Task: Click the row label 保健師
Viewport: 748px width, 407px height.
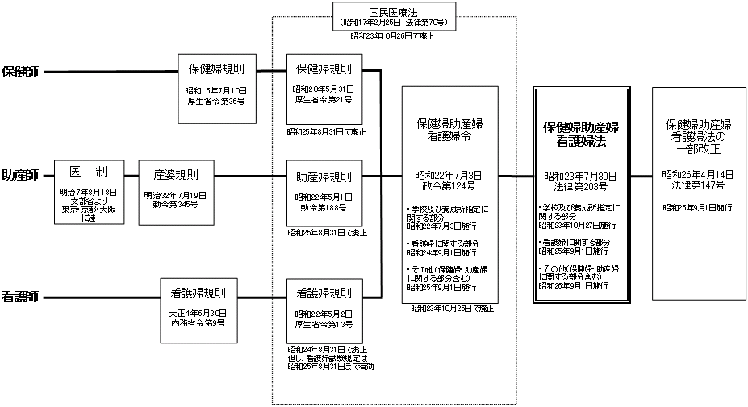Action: [x=22, y=72]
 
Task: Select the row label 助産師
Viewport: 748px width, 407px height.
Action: [x=22, y=175]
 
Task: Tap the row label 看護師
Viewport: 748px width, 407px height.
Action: [x=22, y=296]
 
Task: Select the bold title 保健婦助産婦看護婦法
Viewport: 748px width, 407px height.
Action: [x=581, y=134]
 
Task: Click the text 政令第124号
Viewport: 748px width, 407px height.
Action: [x=449, y=183]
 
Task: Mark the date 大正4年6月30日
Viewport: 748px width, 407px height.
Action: [x=198, y=314]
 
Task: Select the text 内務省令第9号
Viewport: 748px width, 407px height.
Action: [x=198, y=322]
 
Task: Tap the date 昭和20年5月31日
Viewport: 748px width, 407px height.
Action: [x=323, y=89]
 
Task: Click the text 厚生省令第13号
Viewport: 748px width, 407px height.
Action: [x=323, y=323]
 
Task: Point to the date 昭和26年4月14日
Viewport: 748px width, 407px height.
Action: [x=698, y=174]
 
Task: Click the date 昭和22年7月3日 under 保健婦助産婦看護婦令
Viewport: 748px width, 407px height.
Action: [x=449, y=174]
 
